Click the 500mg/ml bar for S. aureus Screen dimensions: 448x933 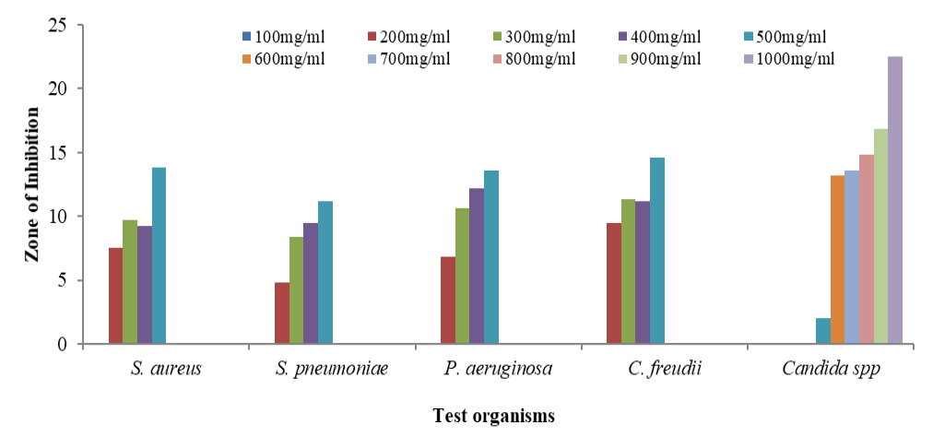tap(159, 256)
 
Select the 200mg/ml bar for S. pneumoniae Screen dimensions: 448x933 tap(281, 313)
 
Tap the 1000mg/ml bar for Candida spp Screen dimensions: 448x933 tap(895, 200)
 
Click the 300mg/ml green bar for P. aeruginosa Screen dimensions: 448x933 tap(462, 277)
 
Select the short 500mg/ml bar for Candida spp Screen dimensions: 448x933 tap(822, 331)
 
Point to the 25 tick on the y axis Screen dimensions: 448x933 tap(60, 25)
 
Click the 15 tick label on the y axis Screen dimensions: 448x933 tap(60, 153)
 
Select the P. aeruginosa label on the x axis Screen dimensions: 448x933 tap(497, 371)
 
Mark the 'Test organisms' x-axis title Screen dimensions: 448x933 tap(494, 416)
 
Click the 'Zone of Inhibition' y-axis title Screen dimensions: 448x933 tap(32, 184)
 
